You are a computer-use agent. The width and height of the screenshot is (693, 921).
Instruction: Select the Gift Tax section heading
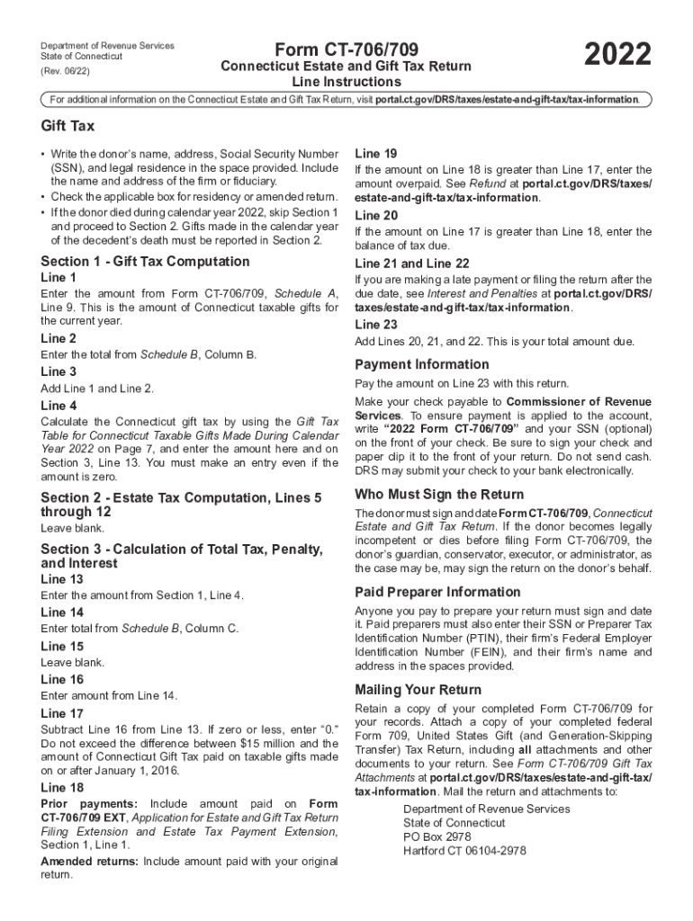[x=67, y=126]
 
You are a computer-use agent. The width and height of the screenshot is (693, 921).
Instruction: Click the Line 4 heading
[x=58, y=405]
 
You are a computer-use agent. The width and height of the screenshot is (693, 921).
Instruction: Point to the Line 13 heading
[x=62, y=579]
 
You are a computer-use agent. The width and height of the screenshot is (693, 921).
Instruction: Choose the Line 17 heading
[x=62, y=712]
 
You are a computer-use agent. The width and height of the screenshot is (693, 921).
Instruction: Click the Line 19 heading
[x=376, y=153]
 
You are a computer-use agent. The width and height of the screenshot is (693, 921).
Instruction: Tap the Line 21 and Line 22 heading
[x=412, y=264]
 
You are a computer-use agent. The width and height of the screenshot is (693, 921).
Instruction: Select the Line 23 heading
[x=376, y=325]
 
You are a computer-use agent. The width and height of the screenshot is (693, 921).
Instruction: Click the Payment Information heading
[x=422, y=364]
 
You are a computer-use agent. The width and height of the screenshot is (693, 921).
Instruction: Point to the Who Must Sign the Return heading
[x=438, y=494]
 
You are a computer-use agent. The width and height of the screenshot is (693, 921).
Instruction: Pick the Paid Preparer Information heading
[x=437, y=592]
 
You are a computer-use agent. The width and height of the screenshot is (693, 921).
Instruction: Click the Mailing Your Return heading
[x=418, y=690]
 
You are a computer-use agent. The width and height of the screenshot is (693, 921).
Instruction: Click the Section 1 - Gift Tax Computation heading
[x=145, y=261]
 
